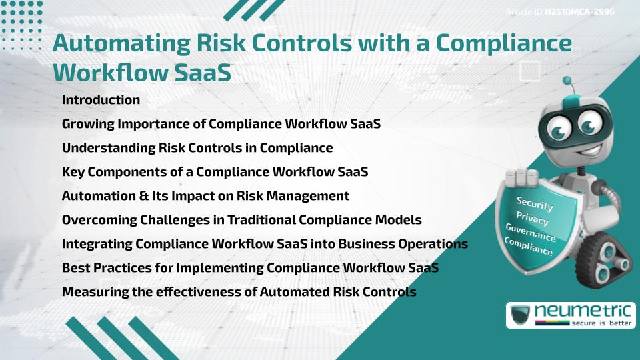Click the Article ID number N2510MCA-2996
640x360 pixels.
click(x=579, y=12)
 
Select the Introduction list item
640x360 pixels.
click(x=101, y=100)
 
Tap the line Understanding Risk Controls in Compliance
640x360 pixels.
click(x=197, y=148)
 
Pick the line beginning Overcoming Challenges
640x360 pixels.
click(x=241, y=219)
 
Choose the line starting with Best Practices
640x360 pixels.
click(x=250, y=268)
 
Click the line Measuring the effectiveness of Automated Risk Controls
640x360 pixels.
click(x=239, y=292)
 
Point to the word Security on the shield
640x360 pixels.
click(x=534, y=205)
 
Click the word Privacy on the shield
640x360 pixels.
click(x=532, y=218)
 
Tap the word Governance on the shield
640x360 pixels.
click(x=531, y=233)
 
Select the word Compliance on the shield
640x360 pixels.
click(x=528, y=247)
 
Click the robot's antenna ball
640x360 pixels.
click(x=567, y=81)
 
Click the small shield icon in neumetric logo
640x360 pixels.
click(x=521, y=315)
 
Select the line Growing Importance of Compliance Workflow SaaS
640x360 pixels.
click(x=221, y=124)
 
